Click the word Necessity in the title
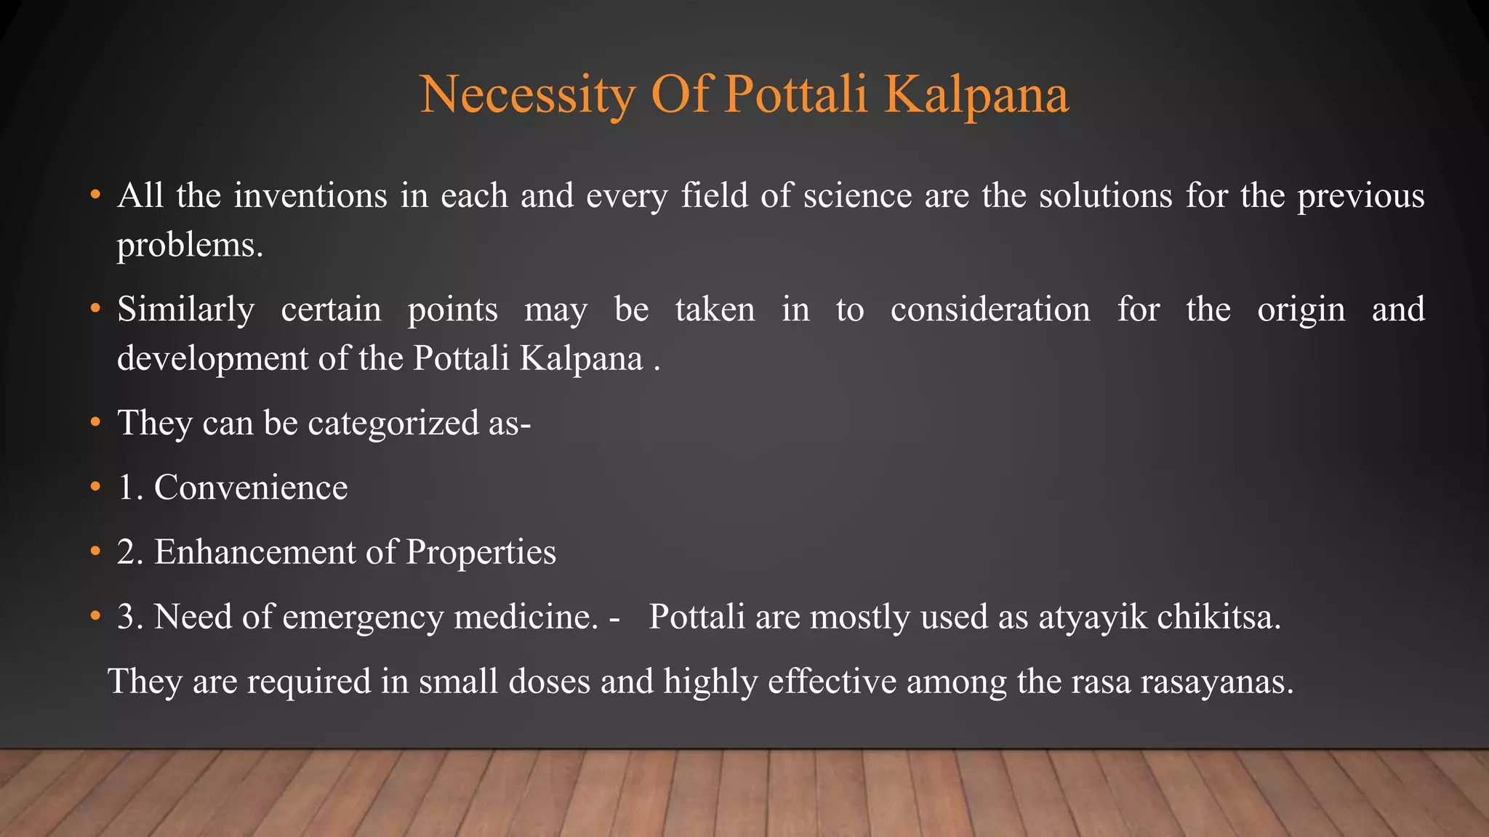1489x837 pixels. click(527, 95)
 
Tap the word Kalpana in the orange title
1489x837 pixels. click(976, 95)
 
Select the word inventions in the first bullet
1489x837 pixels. click(310, 196)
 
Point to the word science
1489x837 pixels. click(857, 196)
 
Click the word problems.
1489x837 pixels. click(190, 246)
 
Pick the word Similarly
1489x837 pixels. click(186, 310)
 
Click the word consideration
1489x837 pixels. click(990, 310)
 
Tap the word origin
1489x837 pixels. click(1301, 310)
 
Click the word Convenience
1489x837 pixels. click(251, 488)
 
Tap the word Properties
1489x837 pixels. click(481, 552)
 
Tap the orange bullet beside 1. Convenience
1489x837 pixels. click(95, 488)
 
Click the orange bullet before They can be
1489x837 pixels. click(95, 423)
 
